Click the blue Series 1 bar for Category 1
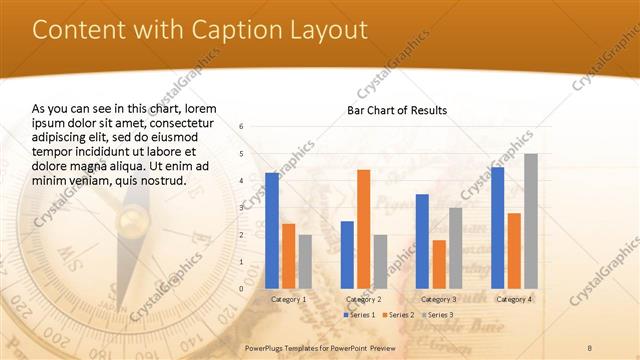(272, 231)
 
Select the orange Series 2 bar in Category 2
(363, 229)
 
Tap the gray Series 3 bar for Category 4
(531, 221)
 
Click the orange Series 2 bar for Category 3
(439, 264)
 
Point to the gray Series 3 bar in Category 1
(305, 262)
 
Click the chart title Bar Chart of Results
(397, 110)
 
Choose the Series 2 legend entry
(398, 315)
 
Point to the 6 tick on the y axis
(241, 127)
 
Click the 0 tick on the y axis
(241, 289)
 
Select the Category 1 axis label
(289, 299)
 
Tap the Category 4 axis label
(514, 299)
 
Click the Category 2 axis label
(363, 299)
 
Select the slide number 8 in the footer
(590, 345)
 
